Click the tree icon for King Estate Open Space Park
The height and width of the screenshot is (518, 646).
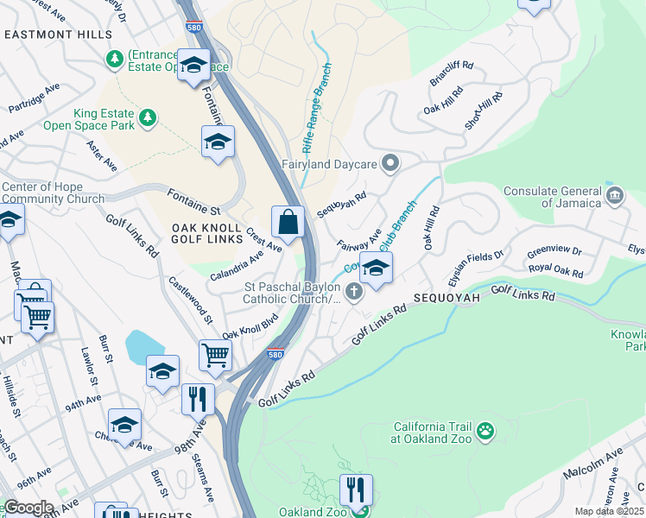point(148,117)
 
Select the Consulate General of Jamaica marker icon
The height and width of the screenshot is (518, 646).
point(614,194)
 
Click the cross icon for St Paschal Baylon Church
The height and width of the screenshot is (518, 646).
point(353,294)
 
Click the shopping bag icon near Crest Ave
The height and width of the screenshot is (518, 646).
point(288,222)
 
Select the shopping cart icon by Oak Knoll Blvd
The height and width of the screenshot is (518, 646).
point(214,354)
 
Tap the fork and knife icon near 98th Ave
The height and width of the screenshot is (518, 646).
point(197,398)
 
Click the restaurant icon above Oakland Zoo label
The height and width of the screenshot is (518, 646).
point(355,490)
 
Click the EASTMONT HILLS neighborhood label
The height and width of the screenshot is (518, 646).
point(58,35)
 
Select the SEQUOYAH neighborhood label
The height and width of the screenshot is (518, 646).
point(446,297)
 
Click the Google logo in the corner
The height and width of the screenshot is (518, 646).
point(28,508)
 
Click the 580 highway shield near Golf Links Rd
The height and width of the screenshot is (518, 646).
point(275,354)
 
